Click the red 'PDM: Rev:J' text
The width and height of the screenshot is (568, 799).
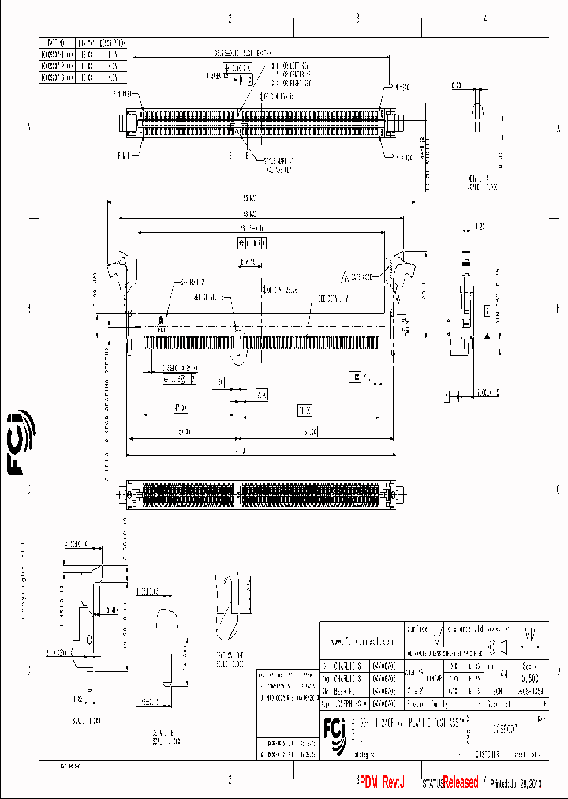point(382,782)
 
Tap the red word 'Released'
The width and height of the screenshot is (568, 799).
point(460,782)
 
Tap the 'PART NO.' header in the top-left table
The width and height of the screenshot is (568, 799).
point(56,42)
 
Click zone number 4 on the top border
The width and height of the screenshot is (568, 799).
point(485,17)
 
